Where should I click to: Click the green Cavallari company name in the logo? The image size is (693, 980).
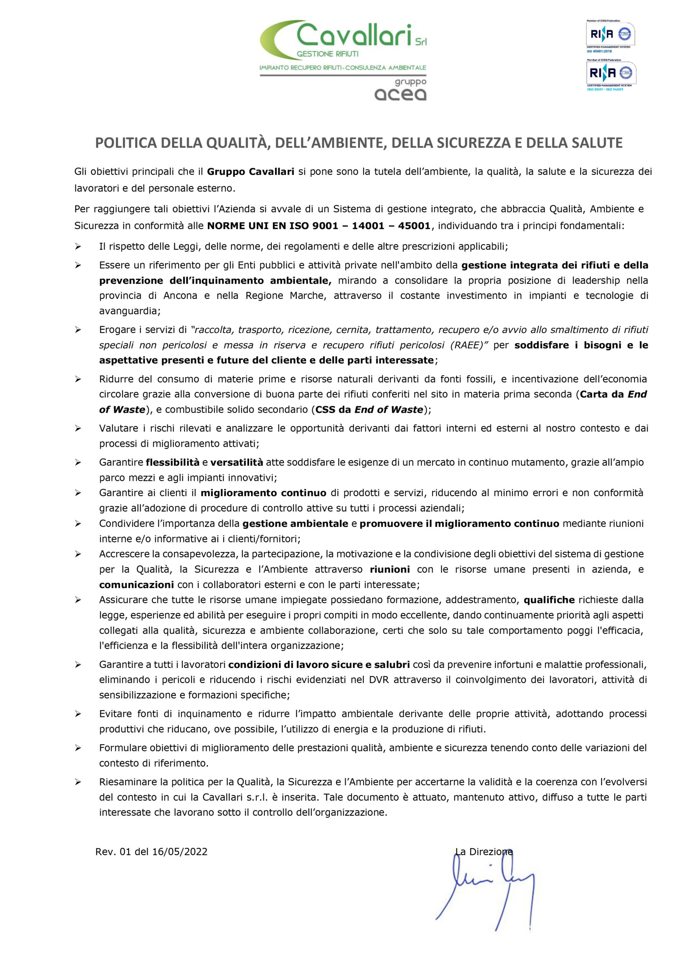click(354, 36)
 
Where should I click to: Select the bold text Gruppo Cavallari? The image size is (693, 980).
click(251, 171)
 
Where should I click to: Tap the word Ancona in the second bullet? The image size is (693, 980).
click(180, 296)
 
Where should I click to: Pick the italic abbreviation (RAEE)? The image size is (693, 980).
click(470, 345)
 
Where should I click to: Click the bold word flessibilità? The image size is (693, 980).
click(173, 462)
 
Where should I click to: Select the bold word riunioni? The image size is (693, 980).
click(390, 569)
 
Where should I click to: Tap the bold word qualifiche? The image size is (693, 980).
click(549, 600)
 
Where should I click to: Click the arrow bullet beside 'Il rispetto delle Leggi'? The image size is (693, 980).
click(78, 247)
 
